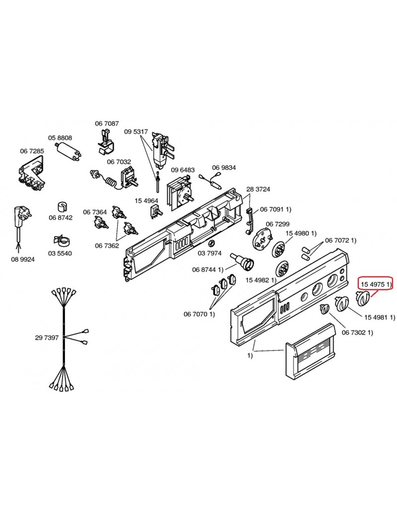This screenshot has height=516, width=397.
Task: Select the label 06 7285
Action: [x=32, y=151]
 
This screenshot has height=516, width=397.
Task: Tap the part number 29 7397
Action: [x=47, y=338]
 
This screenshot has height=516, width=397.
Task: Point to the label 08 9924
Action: [x=22, y=259]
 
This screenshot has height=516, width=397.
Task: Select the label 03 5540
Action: [x=60, y=254]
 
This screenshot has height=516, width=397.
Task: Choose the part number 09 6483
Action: [x=183, y=170]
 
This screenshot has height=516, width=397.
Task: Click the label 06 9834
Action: [x=224, y=168]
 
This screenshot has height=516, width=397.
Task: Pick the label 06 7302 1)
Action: [x=356, y=332]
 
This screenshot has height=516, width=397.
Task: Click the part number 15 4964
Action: [x=146, y=200]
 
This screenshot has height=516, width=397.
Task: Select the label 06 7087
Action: [x=107, y=123]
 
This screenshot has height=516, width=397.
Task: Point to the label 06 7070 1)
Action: [x=199, y=314]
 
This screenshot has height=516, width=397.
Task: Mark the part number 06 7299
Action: [x=277, y=224]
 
